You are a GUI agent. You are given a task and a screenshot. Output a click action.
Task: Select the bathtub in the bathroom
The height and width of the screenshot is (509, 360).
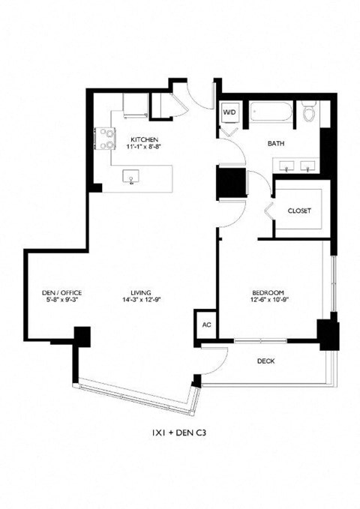(x=272, y=112)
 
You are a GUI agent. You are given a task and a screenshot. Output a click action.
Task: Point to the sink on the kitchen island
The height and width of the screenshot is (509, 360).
(x=132, y=178)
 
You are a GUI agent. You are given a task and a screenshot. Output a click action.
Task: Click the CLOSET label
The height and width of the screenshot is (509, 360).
(x=299, y=211)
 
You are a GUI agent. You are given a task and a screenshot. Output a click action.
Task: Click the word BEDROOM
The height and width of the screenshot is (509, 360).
(x=265, y=292)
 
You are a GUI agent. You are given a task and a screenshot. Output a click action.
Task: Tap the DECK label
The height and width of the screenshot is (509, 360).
(x=265, y=361)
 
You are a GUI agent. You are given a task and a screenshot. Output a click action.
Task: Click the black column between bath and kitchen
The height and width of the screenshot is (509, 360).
(x=229, y=181)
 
